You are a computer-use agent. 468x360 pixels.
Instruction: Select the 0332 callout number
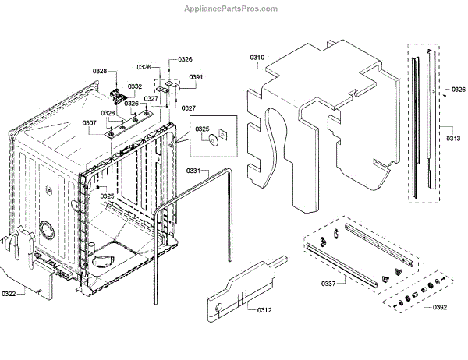[135, 86]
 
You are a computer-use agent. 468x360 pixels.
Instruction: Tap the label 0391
[196, 77]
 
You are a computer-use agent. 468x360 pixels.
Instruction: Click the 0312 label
[264, 309]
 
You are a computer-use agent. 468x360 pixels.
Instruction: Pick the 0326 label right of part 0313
[459, 90]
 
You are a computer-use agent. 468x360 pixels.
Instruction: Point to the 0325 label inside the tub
[108, 196]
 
